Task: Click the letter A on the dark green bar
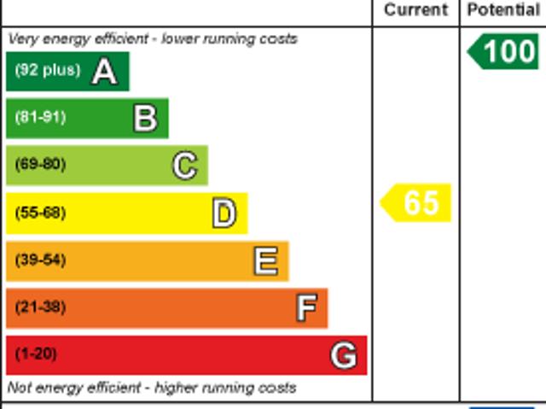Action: pyautogui.click(x=104, y=72)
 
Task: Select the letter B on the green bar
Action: pyautogui.click(x=145, y=119)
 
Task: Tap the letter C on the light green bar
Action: pyautogui.click(x=184, y=166)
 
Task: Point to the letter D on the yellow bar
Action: pyautogui.click(x=224, y=213)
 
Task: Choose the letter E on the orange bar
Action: pyautogui.click(x=265, y=260)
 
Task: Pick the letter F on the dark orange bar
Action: pyautogui.click(x=306, y=307)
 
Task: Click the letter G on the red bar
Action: pyautogui.click(x=344, y=355)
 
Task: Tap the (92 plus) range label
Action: pyautogui.click(x=47, y=71)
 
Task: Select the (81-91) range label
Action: pyautogui.click(x=40, y=118)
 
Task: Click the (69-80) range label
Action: pyautogui.click(x=40, y=165)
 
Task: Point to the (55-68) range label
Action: pyautogui.click(x=40, y=213)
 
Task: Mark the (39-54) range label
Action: pyautogui.click(x=40, y=260)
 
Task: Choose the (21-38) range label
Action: pyautogui.click(x=40, y=307)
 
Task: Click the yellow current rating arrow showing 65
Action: pyautogui.click(x=416, y=203)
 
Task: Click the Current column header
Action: pyautogui.click(x=415, y=10)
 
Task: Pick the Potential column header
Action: pyautogui.click(x=503, y=10)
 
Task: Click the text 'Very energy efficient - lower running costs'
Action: pyautogui.click(x=153, y=39)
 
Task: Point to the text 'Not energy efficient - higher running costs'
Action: pyautogui.click(x=152, y=388)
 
